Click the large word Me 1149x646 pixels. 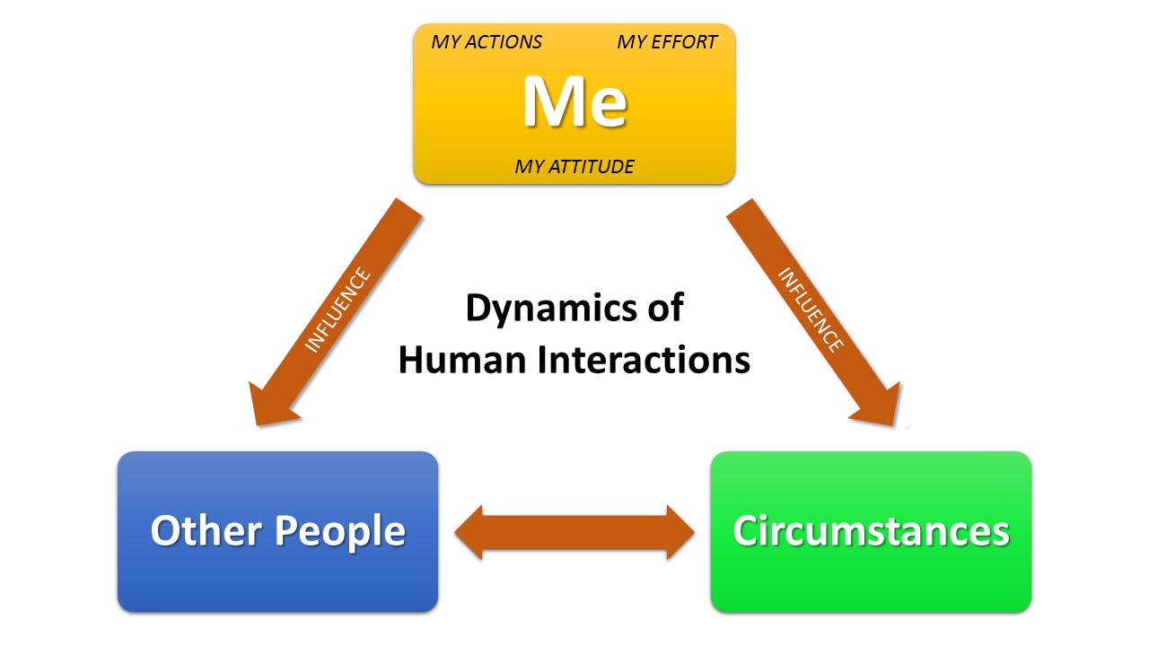[x=574, y=102]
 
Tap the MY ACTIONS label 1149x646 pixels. [x=487, y=42]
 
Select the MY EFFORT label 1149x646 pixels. [x=667, y=42]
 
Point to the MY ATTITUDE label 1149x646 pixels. [x=574, y=166]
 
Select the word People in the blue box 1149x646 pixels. [x=340, y=530]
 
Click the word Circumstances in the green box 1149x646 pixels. [x=871, y=530]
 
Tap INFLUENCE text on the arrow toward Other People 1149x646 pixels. [x=338, y=310]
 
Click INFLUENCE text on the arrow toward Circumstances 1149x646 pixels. [x=810, y=310]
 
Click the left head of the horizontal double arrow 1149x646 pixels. [x=472, y=533]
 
